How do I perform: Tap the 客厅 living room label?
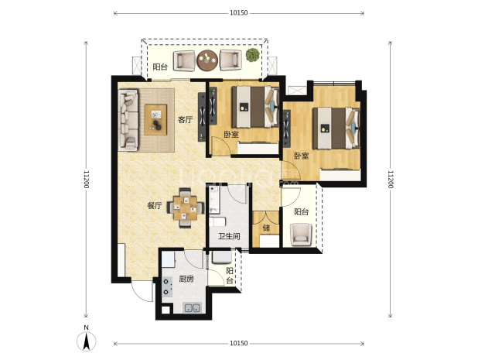pyautogui.click(x=186, y=119)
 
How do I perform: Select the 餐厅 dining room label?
pyautogui.click(x=155, y=206)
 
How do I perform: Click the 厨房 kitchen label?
pyautogui.click(x=186, y=279)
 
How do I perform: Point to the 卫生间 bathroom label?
pyautogui.click(x=229, y=236)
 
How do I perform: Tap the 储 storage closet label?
pyautogui.click(x=266, y=228)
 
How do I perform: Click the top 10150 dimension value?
pyautogui.click(x=239, y=13)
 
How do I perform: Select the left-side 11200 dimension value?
pyautogui.click(x=87, y=179)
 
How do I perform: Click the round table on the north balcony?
pyautogui.click(x=207, y=60)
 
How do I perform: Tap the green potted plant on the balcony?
pyautogui.click(x=253, y=55)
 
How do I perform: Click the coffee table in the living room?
pyautogui.click(x=155, y=119)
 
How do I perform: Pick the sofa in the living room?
pyautogui.click(x=128, y=120)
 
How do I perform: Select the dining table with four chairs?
pyautogui.click(x=185, y=208)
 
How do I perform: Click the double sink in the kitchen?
pyautogui.click(x=192, y=308)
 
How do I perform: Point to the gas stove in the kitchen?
pyautogui.click(x=167, y=287)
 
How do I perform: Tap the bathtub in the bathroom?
pyautogui.click(x=214, y=200)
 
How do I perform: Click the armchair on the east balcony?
pyautogui.click(x=301, y=235)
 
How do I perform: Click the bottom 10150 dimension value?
pyautogui.click(x=239, y=344)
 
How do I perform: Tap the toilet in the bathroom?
pyautogui.click(x=217, y=221)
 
